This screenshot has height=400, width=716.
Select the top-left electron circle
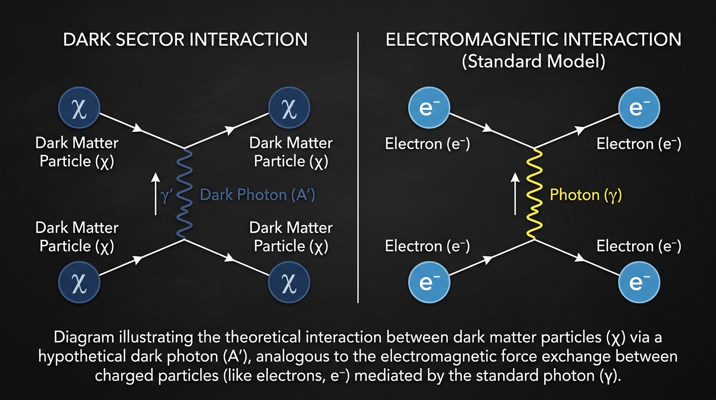click(x=428, y=108)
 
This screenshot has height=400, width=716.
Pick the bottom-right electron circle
click(x=638, y=283)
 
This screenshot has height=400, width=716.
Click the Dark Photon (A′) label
click(x=258, y=195)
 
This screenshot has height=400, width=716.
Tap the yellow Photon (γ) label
click(x=586, y=195)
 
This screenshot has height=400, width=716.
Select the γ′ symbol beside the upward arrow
click(x=165, y=196)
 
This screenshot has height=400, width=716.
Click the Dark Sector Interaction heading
click(x=185, y=40)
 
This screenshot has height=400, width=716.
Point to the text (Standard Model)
click(x=533, y=61)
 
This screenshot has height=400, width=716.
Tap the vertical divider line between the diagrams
click(x=359, y=167)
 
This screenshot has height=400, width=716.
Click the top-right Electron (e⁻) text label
click(x=638, y=144)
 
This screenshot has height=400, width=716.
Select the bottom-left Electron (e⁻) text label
click(x=427, y=246)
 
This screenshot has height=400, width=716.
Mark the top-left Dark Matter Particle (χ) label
click(x=76, y=152)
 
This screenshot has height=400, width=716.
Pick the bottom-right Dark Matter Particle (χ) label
click(x=291, y=236)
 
